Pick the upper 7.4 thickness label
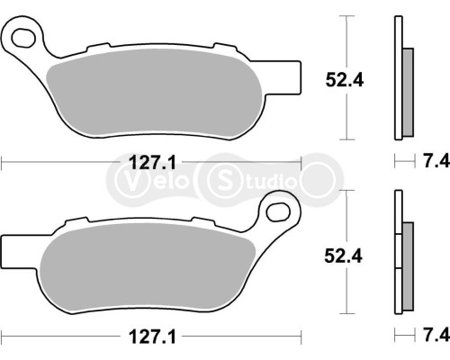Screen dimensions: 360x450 (435, 162)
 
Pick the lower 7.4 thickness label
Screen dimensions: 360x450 (435, 336)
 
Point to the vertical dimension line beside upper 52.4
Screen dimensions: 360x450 (347, 78)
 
